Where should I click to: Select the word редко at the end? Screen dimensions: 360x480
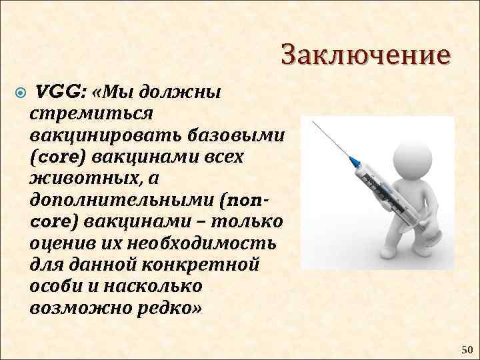(x=165, y=307)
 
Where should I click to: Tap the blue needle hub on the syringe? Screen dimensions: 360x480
(x=355, y=161)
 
